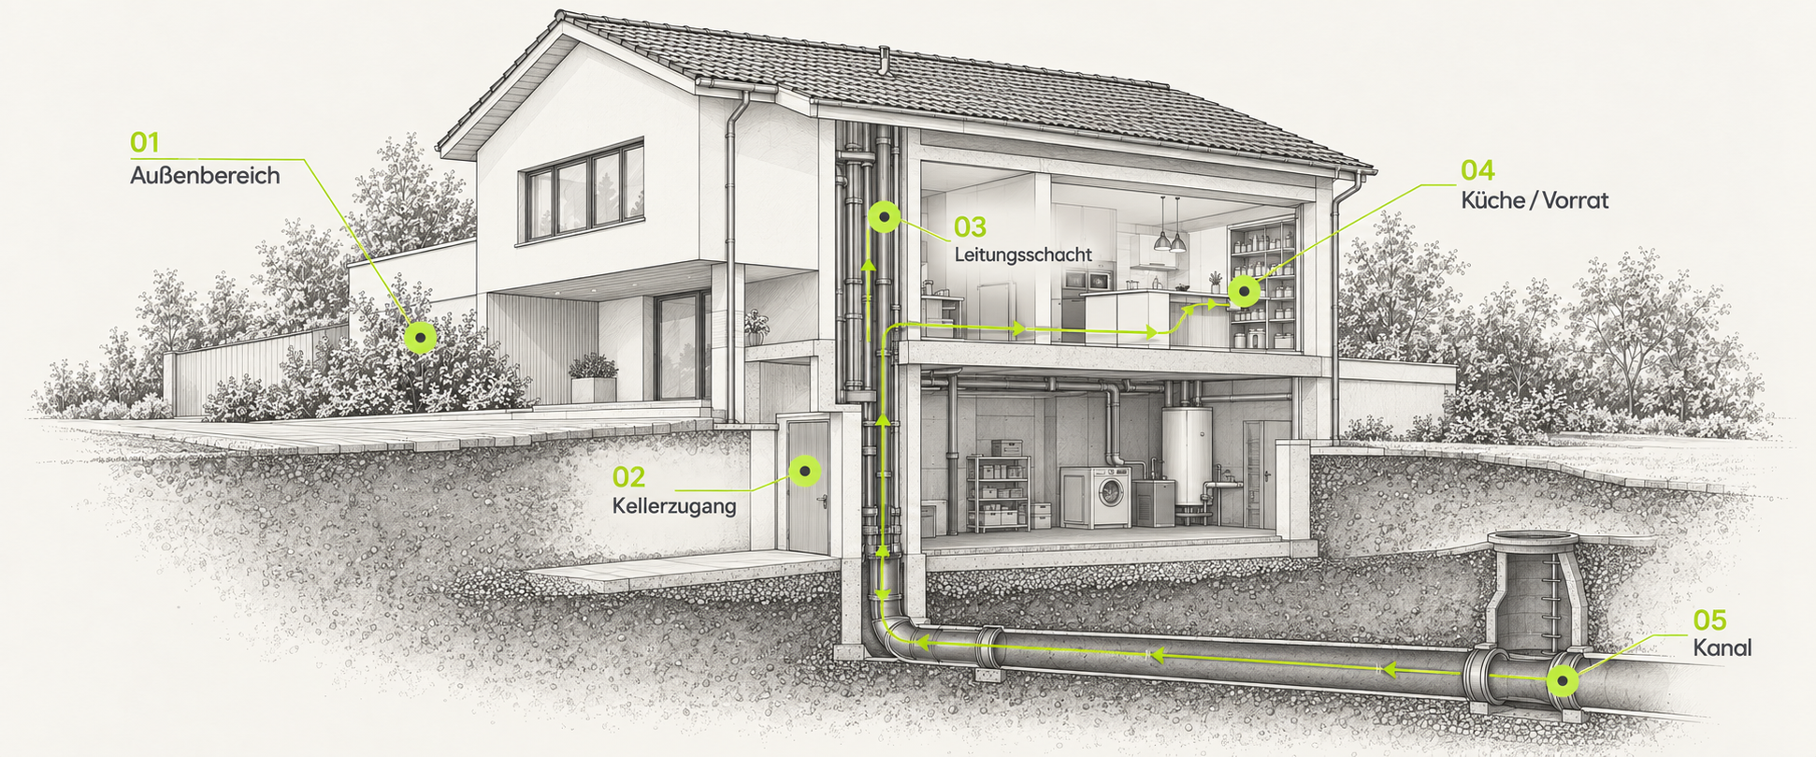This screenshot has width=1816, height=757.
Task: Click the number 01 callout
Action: coord(144,143)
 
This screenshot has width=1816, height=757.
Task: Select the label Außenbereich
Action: coord(205,176)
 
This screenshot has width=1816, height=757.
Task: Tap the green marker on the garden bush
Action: coord(420,337)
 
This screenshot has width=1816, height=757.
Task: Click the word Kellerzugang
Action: coord(674,506)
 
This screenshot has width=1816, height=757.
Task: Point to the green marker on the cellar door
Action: coord(804,470)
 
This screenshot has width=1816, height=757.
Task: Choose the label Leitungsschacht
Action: coord(1023,255)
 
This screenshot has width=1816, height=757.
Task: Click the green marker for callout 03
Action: coord(884,217)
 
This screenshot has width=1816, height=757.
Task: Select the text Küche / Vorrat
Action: coord(1535,200)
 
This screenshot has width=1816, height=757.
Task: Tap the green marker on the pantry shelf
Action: coord(1244,292)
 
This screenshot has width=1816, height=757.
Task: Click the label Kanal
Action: coord(1722,648)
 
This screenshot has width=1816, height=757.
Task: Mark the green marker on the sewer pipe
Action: coord(1563,681)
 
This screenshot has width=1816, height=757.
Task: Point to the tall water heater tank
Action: coord(1187,459)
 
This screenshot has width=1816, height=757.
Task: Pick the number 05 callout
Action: coord(1710,620)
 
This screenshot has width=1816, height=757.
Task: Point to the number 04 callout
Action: coord(1477,170)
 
